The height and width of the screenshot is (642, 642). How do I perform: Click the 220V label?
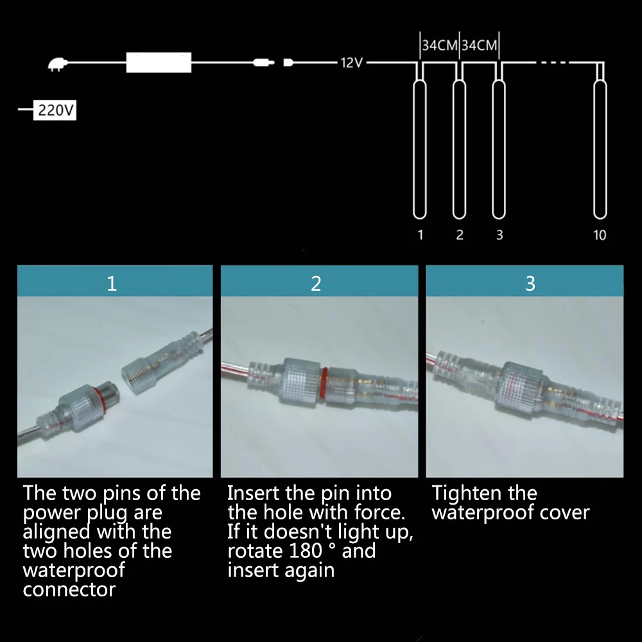coord(56,110)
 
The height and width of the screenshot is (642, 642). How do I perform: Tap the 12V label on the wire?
coord(352,63)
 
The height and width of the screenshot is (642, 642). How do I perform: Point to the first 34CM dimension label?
coord(439,46)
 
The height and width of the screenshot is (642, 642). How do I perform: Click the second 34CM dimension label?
coord(480,46)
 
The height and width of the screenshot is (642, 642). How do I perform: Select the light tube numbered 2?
coord(458,148)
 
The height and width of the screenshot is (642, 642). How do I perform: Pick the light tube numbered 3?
coord(499,148)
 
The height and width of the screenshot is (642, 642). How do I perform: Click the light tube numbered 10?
coord(600,148)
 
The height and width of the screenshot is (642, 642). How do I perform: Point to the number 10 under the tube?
coord(600,235)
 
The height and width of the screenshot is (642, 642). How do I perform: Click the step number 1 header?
coord(112,283)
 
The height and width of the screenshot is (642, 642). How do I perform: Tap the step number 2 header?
coord(316,283)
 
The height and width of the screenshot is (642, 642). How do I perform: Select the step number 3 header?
coord(530,283)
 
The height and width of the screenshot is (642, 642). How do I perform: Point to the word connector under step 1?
coord(69,589)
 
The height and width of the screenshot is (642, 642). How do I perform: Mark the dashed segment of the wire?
coord(553,63)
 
